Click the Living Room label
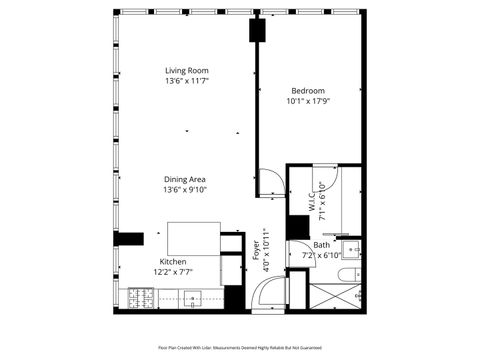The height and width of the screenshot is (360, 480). pyautogui.click(x=187, y=70)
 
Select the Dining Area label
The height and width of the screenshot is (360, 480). pyautogui.click(x=185, y=179)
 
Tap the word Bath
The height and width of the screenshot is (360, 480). pyautogui.click(x=321, y=245)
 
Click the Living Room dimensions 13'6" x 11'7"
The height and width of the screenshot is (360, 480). pyautogui.click(x=187, y=81)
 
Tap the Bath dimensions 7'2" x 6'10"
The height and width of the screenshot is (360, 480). pyautogui.click(x=322, y=256)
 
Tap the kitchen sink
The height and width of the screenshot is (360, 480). pyautogui.click(x=193, y=296)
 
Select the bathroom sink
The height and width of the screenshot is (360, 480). pyautogui.click(x=351, y=249)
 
